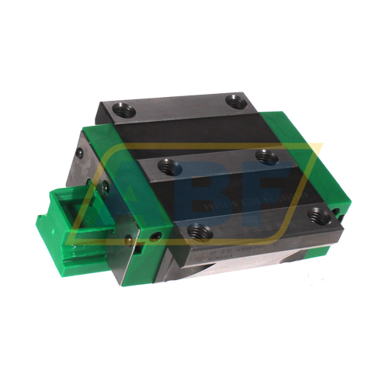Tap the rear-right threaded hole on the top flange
tap(234, 100)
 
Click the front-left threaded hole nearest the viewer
tap(196, 230)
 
